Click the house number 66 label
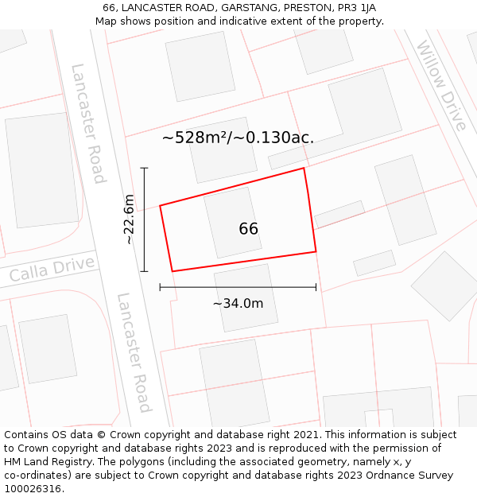click(x=248, y=229)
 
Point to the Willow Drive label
click(x=441, y=86)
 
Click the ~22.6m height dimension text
click(x=130, y=220)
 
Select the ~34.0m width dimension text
click(x=238, y=303)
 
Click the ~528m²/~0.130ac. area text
click(x=238, y=138)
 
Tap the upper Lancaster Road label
click(x=88, y=123)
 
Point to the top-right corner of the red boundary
click(x=304, y=168)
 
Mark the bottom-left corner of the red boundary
click(x=172, y=271)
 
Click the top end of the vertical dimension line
click(x=144, y=168)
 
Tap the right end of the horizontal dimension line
click(x=316, y=287)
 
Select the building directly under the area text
click(x=223, y=149)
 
